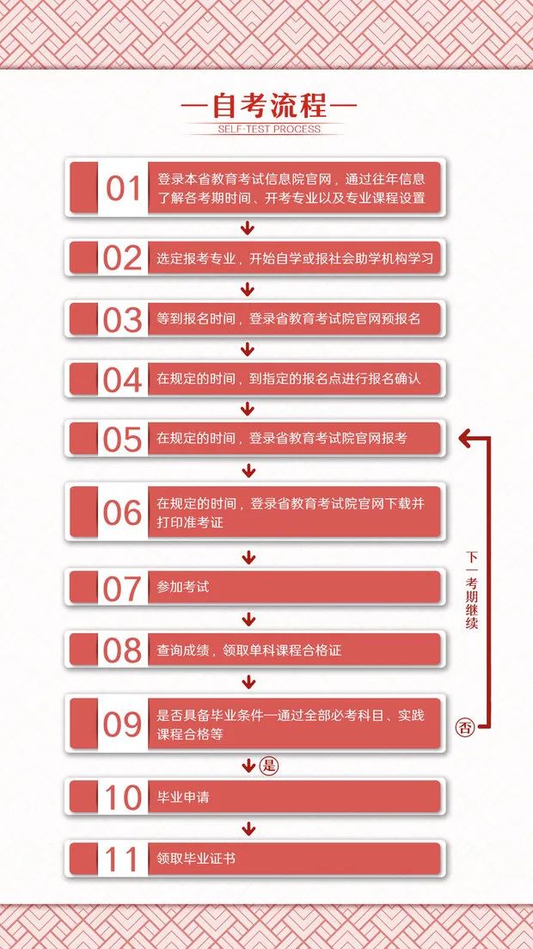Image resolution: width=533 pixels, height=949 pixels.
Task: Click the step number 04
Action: click(122, 379)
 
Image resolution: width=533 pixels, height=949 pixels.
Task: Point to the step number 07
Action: click(122, 589)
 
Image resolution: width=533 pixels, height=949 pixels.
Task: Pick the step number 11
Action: click(122, 859)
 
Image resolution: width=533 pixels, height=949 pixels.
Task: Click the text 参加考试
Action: click(183, 588)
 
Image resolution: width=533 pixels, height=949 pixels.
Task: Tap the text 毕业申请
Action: click(183, 798)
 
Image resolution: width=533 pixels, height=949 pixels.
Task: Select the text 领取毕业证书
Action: click(196, 859)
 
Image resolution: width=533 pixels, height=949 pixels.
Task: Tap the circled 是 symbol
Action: click(270, 765)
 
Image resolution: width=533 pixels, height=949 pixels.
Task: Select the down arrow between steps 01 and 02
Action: click(248, 228)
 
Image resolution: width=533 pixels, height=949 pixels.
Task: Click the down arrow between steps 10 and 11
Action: click(248, 829)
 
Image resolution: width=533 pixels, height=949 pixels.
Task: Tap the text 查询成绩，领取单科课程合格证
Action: click(249, 650)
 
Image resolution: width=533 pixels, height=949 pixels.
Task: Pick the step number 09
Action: click(122, 724)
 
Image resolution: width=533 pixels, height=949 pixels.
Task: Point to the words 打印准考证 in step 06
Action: click(190, 522)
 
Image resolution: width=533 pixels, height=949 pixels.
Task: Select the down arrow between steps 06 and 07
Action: click(248, 558)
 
